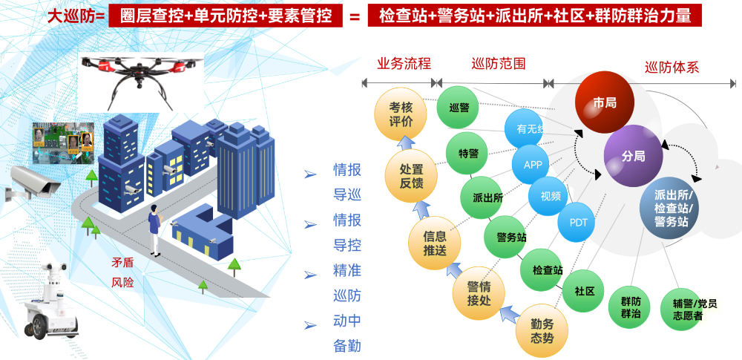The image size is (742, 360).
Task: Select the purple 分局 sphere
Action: [x=633, y=157]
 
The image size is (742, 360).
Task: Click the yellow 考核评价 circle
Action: [x=401, y=115]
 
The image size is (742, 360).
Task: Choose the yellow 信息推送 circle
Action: [x=435, y=243]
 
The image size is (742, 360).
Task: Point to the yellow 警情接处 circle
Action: [x=479, y=292]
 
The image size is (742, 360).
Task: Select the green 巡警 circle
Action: [x=459, y=107]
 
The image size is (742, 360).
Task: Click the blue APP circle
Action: [x=533, y=165]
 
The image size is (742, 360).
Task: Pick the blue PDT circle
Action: [x=578, y=222]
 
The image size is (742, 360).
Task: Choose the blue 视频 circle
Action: [x=550, y=197]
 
